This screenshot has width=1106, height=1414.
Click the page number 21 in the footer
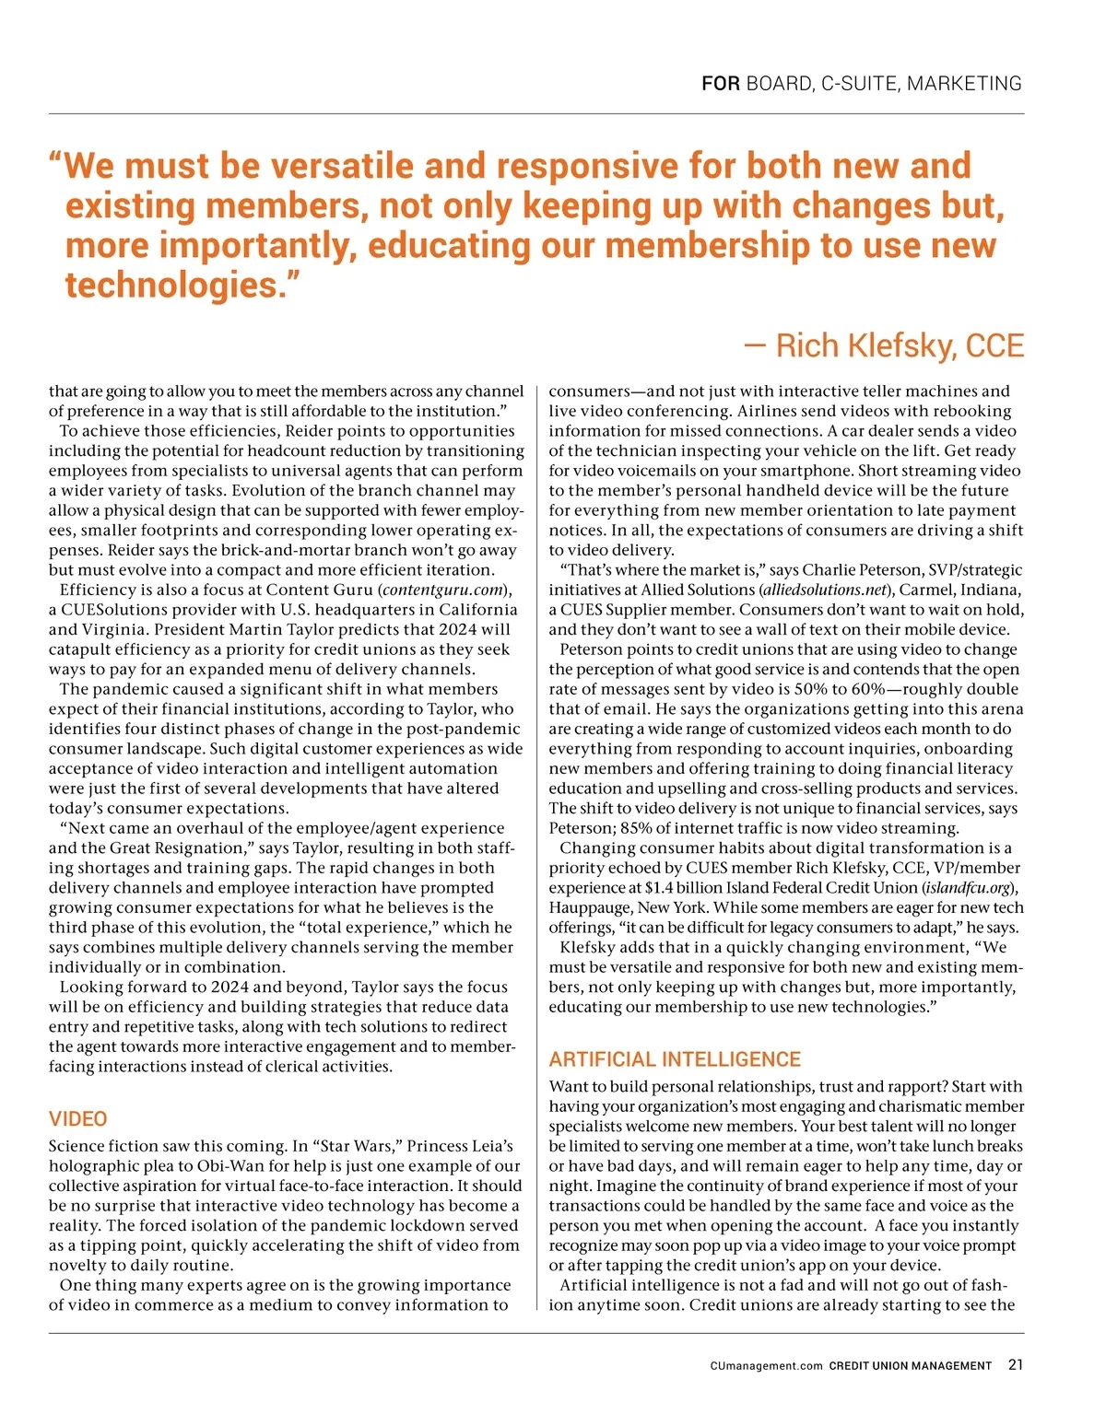click(1015, 1365)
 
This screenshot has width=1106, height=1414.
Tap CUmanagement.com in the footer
click(766, 1366)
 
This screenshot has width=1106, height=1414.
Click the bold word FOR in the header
click(720, 84)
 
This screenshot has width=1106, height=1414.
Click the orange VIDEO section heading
click(77, 1119)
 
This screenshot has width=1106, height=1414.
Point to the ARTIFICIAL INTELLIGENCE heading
click(675, 1059)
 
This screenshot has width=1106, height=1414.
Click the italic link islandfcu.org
click(969, 888)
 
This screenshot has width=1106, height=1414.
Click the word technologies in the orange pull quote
click(171, 286)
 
